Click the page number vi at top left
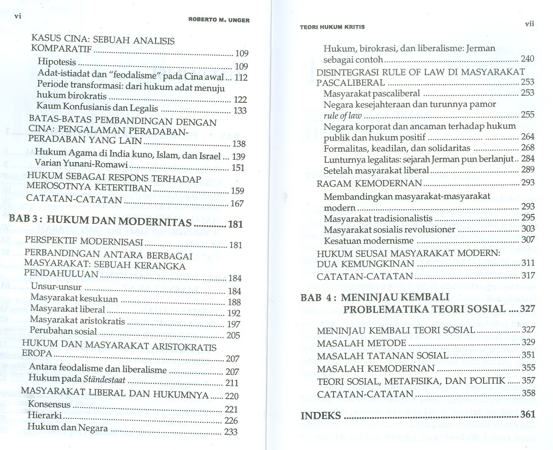tap(18, 16)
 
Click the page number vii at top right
tap(529, 24)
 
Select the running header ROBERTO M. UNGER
tap(219, 20)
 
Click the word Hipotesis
tap(57, 62)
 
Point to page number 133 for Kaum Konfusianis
tap(240, 111)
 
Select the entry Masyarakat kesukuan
tap(74, 298)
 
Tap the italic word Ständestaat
tap(104, 380)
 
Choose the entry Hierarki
tap(44, 416)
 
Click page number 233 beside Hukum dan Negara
tap(230, 432)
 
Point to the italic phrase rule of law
tap(343, 115)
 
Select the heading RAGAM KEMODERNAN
tap(369, 184)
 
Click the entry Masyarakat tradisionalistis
tap(378, 218)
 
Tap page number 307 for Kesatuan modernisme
tap(528, 240)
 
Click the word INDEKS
tap(321, 415)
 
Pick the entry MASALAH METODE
tap(361, 343)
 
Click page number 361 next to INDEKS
tap(527, 414)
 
